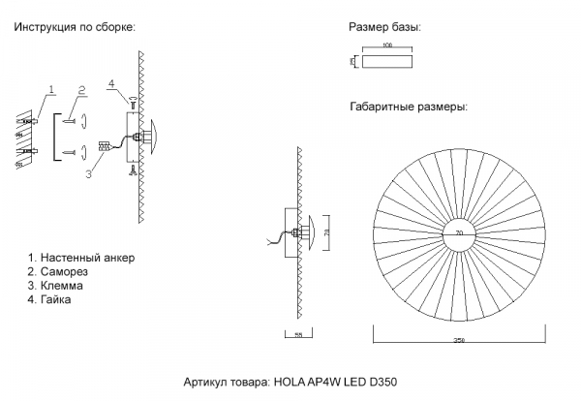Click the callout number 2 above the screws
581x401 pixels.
pyautogui.click(x=82, y=89)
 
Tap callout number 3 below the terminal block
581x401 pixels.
pyautogui.click(x=88, y=174)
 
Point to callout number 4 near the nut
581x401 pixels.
pyautogui.click(x=112, y=84)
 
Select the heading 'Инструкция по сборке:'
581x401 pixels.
pyautogui.click(x=75, y=28)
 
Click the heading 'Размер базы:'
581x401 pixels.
pyautogui.click(x=384, y=28)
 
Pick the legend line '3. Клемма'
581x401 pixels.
pyautogui.click(x=62, y=287)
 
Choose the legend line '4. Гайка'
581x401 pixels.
pyautogui.click(x=57, y=300)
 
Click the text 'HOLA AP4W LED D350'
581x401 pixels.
pyautogui.click(x=336, y=383)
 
